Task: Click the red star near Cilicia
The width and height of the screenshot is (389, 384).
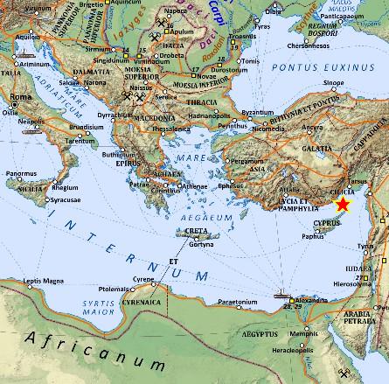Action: [x=343, y=205]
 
